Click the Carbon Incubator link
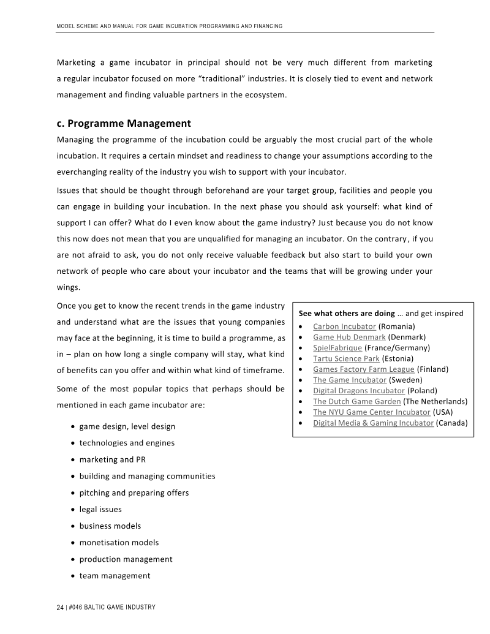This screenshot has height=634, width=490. [344, 326]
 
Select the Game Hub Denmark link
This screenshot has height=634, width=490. [349, 337]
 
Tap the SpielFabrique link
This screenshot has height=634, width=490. [337, 347]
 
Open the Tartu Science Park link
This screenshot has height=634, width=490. [346, 358]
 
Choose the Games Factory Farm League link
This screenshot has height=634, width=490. [363, 369]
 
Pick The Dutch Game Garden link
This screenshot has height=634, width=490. [356, 401]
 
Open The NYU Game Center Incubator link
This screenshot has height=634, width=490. [371, 412]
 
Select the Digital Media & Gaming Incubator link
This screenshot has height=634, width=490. [373, 423]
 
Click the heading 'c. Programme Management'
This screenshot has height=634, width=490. [124, 123]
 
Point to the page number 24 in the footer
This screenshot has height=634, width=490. [60, 607]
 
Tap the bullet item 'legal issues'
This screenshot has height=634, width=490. [100, 509]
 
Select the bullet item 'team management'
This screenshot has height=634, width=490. [115, 575]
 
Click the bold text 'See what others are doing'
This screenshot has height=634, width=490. [347, 313]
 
